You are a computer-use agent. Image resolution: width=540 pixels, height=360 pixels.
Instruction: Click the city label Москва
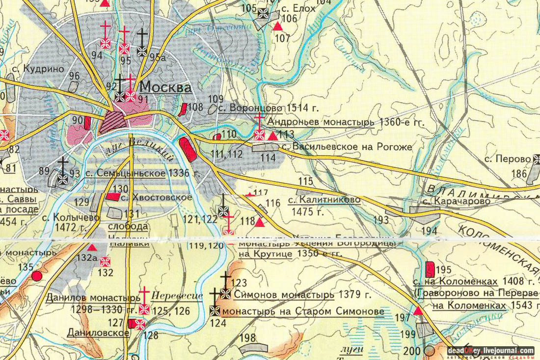coord(165,88)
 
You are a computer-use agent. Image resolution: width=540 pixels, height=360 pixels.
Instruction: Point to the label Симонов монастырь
coord(284,295)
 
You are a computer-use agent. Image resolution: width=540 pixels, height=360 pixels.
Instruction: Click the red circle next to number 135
coord(36,276)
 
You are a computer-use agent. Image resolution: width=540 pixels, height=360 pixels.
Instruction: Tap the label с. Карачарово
coord(443,202)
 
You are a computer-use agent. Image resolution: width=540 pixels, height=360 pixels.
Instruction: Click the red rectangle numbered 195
coord(430,269)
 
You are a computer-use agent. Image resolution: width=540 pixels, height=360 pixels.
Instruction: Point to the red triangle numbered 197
coord(417,311)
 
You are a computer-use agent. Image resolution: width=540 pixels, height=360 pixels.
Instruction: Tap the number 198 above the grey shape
coord(249,338)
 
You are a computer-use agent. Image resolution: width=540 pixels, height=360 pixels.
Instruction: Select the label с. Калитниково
coord(324,200)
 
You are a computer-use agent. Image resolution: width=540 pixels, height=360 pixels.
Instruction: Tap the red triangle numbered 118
coord(260,222)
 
